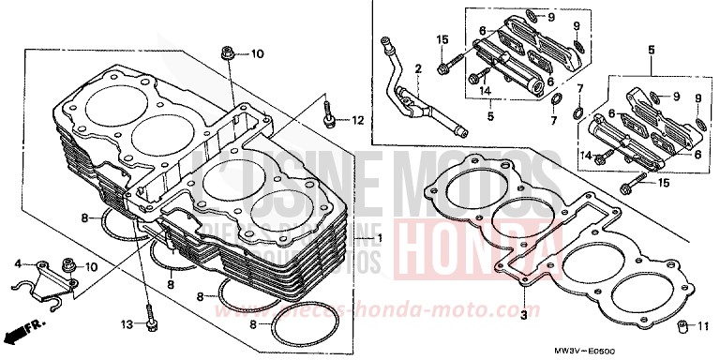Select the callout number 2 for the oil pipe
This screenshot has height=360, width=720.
[419, 69]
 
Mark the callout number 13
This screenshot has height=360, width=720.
[128, 324]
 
